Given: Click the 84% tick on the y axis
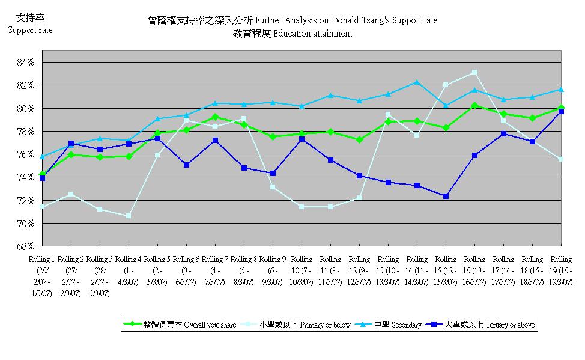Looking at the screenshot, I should click(28, 63).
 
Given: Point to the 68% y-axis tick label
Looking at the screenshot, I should click(28, 246).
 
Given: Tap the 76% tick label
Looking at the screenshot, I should click(28, 154).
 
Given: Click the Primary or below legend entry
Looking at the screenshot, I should click(298, 325).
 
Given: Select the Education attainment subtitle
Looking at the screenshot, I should click(292, 34).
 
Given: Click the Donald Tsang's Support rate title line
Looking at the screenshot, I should click(292, 20).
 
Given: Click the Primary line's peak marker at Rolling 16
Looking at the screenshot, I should click(474, 72).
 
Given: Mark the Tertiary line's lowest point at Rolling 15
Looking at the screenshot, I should click(446, 196).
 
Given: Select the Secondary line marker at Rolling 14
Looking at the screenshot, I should click(417, 82).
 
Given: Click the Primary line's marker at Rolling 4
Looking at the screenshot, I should click(129, 216).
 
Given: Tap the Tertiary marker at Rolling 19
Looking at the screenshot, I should click(561, 112).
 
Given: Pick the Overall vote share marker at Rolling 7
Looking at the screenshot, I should click(215, 117).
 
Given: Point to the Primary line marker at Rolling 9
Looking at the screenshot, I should click(273, 187).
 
